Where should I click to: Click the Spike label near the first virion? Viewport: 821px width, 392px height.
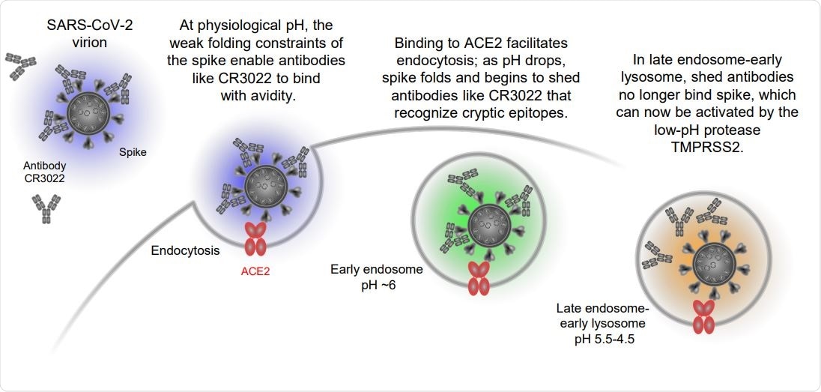[133, 151]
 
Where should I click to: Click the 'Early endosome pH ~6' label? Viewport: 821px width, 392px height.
[366, 277]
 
